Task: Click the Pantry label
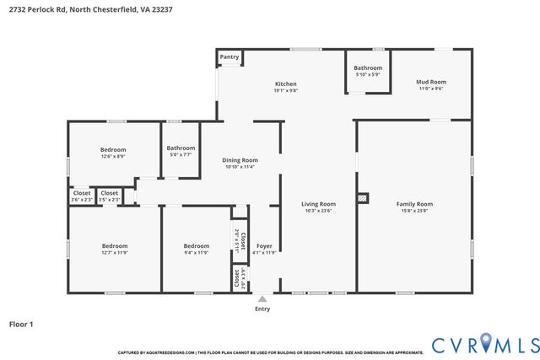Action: [229, 57]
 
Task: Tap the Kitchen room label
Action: [285, 84]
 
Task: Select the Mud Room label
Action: [429, 82]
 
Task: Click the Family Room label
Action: [414, 204]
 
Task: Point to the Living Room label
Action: [319, 204]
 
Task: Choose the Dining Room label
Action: [240, 160]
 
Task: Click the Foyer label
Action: [264, 245]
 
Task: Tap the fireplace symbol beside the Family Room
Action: [363, 199]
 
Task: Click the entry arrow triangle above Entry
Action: [262, 298]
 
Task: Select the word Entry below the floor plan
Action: [262, 309]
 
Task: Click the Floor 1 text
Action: [21, 323]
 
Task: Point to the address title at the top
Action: [84, 9]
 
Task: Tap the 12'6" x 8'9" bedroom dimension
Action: [113, 156]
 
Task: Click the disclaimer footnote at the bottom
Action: [270, 352]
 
